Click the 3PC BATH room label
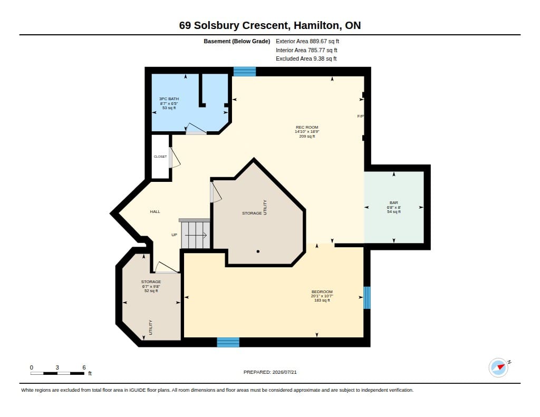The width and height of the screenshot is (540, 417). (169, 99)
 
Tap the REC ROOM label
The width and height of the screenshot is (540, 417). (307, 127)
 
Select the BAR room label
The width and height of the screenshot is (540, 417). (393, 203)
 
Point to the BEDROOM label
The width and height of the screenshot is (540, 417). (322, 292)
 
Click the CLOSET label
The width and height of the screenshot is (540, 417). (160, 157)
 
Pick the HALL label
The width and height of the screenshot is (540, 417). (155, 212)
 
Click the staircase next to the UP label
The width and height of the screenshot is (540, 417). (195, 234)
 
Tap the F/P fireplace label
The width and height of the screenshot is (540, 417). (360, 117)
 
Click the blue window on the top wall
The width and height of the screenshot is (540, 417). (245, 71)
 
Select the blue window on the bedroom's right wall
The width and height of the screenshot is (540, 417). (367, 297)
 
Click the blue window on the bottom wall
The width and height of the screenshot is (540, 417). (228, 342)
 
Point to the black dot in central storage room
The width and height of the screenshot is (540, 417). (258, 251)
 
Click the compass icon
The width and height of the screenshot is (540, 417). (498, 368)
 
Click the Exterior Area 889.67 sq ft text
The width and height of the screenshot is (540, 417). (307, 41)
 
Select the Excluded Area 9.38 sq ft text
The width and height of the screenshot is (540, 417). (306, 59)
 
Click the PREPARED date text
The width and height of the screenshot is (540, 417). (270, 372)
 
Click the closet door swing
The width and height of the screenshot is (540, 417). (174, 158)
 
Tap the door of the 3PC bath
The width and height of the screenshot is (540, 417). (196, 129)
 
